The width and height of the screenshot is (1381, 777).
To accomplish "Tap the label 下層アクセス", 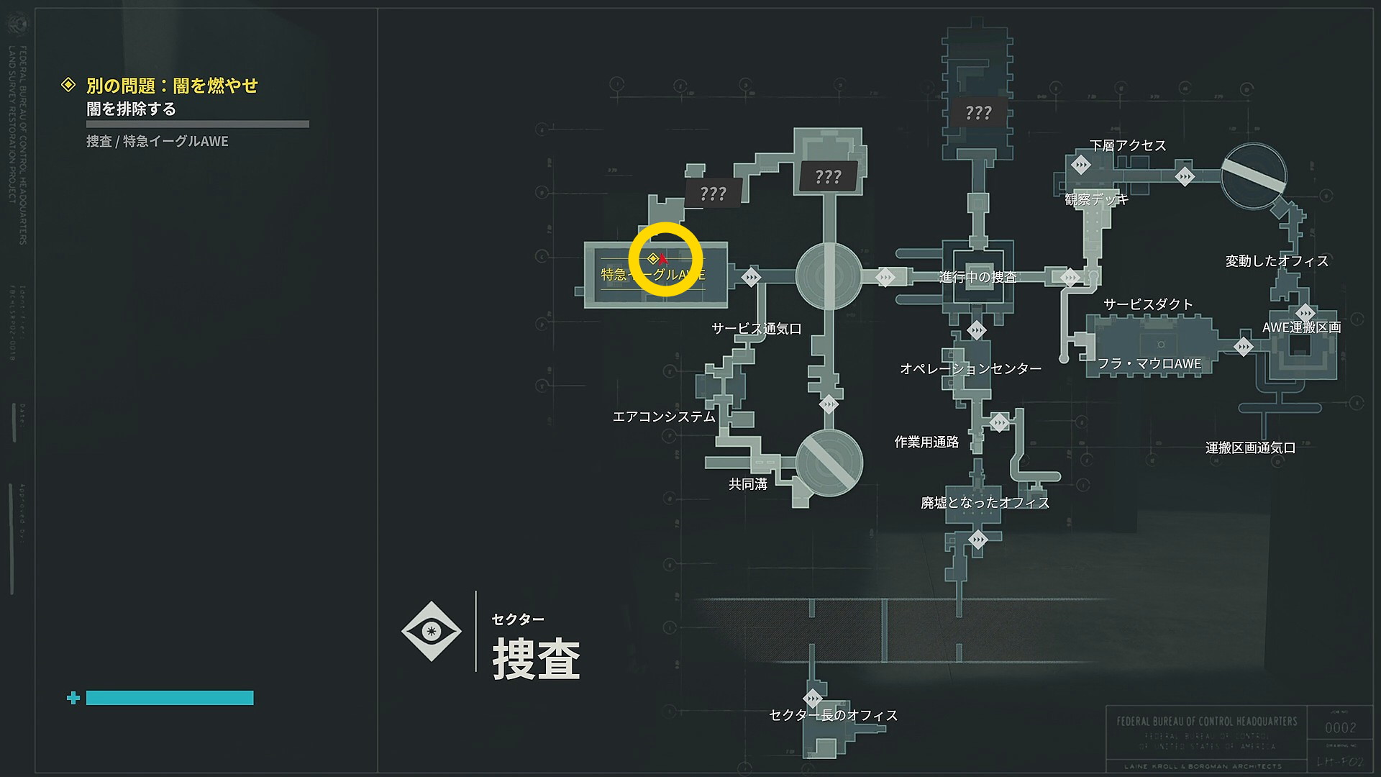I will [x=1127, y=145].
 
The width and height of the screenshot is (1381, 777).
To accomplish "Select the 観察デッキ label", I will [x=1096, y=199].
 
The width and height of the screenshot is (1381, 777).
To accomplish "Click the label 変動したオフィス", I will [x=1277, y=261].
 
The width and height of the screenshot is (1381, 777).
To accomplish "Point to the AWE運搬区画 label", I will [x=1301, y=327].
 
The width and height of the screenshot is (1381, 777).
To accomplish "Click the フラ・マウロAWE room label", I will [x=1149, y=364].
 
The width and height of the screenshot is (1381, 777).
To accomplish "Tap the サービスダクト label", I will [x=1148, y=304].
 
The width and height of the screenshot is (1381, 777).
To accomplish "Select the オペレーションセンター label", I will [x=970, y=369].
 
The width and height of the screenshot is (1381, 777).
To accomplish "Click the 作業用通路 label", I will [x=926, y=442].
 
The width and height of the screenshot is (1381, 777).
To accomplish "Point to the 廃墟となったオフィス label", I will [x=985, y=503].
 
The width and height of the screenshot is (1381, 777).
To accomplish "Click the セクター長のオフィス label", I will [x=833, y=715].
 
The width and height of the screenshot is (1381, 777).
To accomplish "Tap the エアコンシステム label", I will [x=663, y=417].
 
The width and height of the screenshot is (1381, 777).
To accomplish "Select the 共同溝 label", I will [x=747, y=484].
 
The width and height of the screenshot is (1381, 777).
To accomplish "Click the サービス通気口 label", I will [x=756, y=329].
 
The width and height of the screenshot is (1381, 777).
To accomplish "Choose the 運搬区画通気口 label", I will [x=1250, y=447].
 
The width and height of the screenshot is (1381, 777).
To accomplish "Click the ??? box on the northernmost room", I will [x=978, y=113].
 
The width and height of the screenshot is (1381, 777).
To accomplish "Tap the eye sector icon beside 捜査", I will [x=431, y=631].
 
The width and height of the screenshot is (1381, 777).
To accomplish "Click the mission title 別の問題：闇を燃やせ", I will [x=172, y=86].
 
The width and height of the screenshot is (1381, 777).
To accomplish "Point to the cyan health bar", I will [x=170, y=698].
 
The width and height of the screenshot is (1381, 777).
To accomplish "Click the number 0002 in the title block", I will [x=1340, y=728].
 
